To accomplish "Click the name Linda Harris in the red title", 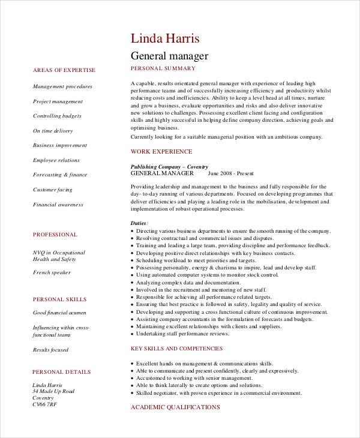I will [165, 38].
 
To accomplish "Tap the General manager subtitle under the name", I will [169, 56].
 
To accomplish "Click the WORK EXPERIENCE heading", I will [161, 152].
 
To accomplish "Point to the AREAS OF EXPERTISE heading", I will [64, 70].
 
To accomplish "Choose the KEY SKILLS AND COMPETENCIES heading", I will [176, 349].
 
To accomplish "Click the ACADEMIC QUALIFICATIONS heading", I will [175, 407].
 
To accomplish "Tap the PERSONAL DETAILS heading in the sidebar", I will [62, 372].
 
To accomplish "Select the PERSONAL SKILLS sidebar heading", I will [59, 299].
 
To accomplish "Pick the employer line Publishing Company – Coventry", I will [169, 166].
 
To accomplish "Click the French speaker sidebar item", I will [52, 272].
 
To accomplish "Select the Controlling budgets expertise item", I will [57, 116].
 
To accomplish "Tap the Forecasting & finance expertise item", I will [60, 175].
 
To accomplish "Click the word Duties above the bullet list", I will [139, 223].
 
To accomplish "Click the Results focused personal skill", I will [50, 350].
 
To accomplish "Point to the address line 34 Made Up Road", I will [53, 391].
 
